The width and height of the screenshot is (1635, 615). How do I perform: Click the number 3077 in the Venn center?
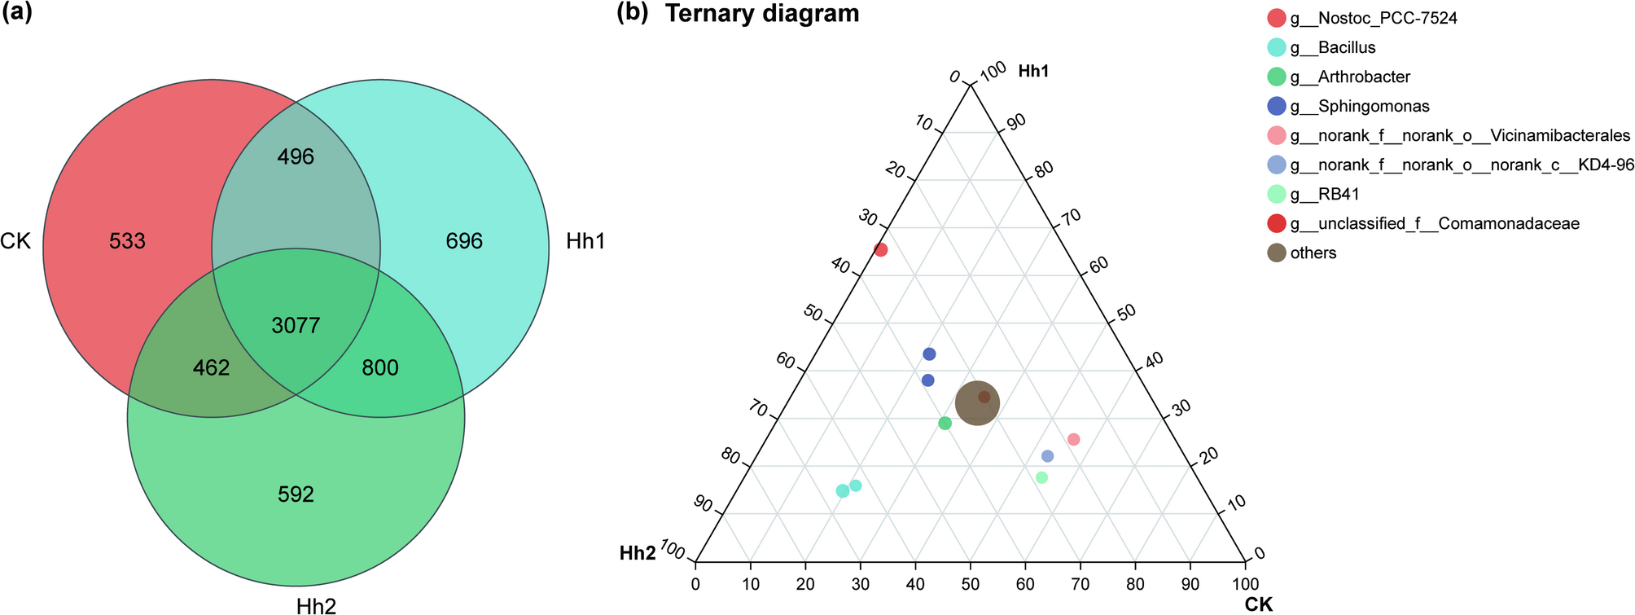coord(296,326)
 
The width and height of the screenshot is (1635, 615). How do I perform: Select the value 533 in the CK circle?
coord(127,241)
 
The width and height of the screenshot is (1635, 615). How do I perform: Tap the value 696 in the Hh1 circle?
coord(464,241)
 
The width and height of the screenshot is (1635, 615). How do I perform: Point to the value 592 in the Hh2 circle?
coord(296,494)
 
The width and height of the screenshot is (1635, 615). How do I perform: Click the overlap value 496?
coord(296,156)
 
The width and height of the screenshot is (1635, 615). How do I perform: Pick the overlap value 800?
coord(380,368)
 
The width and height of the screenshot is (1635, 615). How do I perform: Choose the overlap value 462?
coord(212,368)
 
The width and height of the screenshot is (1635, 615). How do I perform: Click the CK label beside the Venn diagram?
coord(15,241)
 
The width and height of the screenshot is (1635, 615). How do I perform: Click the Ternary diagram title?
coord(761,13)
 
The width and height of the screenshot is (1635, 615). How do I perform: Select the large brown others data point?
coord(976,402)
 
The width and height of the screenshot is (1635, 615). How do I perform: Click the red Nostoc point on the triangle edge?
coord(880,250)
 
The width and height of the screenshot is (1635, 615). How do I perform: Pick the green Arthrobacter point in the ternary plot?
coord(945,423)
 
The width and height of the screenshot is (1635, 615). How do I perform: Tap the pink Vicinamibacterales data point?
coord(1073,439)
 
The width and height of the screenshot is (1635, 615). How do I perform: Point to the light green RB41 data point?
coord(1041,477)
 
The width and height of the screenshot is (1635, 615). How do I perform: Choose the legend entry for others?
coord(1313,253)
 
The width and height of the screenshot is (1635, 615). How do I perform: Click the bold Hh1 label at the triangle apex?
coord(1032,72)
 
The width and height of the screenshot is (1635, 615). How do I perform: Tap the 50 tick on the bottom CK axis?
coord(970,584)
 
